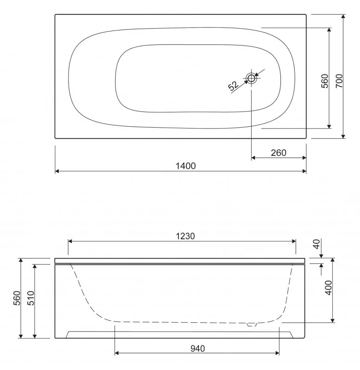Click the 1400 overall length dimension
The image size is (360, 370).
186,166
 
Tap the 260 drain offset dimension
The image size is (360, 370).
279,153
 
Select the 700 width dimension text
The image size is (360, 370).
339,81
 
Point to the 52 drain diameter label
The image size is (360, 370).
233,86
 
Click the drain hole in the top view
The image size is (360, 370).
251,78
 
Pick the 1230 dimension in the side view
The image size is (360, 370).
185,236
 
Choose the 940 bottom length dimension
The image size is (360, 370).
198,349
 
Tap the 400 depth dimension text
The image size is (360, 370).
329,288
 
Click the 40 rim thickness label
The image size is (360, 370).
317,244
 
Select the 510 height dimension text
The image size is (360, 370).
31,298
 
